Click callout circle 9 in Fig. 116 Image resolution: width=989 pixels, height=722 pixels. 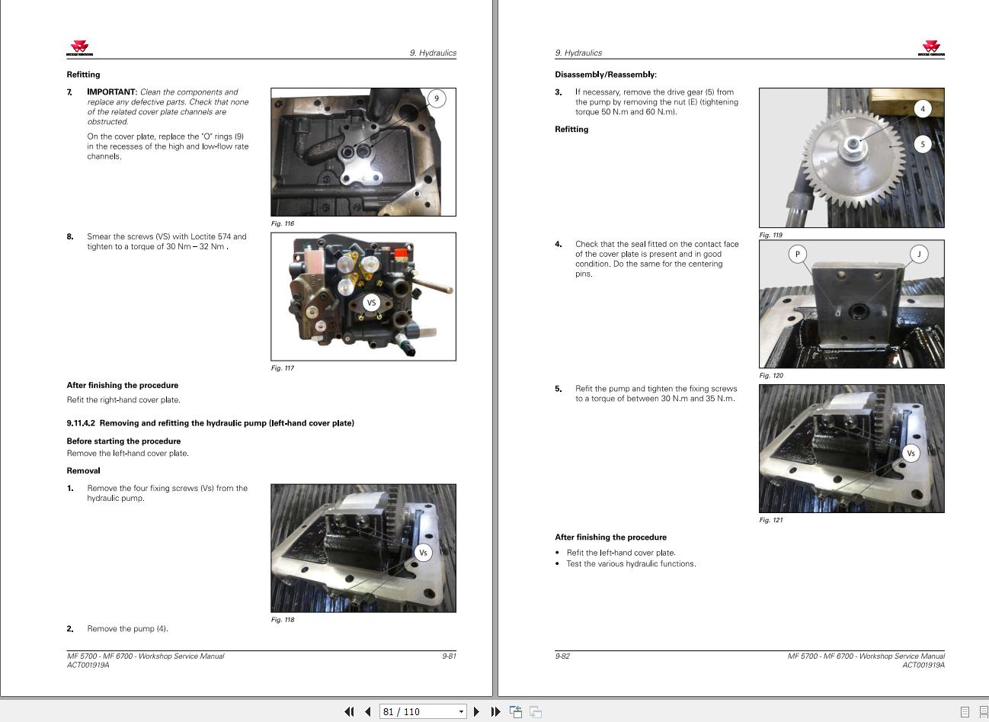tap(437, 98)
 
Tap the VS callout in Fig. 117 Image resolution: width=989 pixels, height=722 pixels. tap(372, 303)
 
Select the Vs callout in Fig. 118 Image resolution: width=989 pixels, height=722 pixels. tap(423, 553)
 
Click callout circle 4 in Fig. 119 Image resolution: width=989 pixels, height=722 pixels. tap(923, 109)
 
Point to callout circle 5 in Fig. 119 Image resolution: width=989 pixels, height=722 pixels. tap(923, 144)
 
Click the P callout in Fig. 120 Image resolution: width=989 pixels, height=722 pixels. tap(797, 254)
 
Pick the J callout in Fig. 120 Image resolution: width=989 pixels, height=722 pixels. tap(919, 254)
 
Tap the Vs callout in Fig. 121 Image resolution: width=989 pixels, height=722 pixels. tap(911, 453)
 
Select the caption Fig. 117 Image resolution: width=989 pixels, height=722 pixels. tap(283, 368)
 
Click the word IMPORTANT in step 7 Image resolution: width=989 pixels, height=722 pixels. tap(111, 92)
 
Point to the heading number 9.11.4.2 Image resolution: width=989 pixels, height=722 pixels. tap(81, 423)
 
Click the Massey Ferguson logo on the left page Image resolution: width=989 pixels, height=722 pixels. tap(79, 49)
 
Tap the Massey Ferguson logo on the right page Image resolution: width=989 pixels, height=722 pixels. tap(931, 49)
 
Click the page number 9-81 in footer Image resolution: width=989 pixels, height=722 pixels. tap(449, 656)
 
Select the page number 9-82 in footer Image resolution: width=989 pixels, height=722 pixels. tap(562, 656)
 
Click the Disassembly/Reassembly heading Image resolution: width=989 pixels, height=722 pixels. tap(605, 75)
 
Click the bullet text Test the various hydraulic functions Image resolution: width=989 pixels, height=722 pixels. tap(631, 564)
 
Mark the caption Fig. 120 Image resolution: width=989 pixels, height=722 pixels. tap(771, 376)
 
